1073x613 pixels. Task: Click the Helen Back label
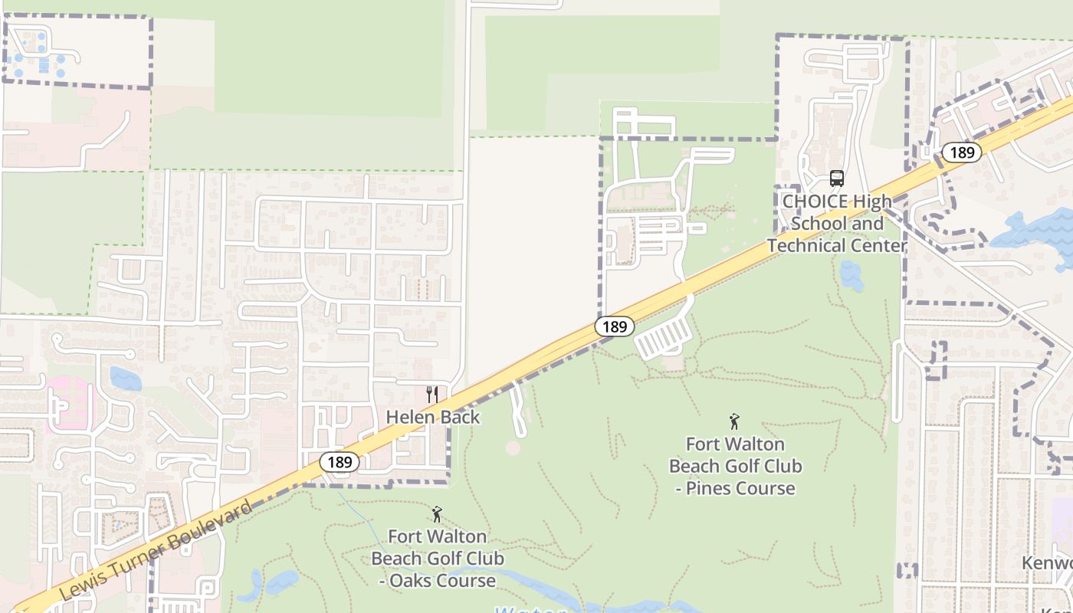(433, 417)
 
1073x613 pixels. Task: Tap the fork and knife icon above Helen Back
(433, 395)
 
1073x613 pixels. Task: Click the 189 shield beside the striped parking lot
(615, 326)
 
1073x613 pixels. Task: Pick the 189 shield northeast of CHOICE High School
(961, 152)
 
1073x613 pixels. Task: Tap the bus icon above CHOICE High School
(837, 179)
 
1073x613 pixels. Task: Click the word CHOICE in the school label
(815, 202)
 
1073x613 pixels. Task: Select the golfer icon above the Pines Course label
(735, 421)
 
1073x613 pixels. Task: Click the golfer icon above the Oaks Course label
(437, 514)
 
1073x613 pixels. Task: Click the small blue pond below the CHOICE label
(852, 274)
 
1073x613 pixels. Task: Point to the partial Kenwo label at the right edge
(1047, 563)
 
